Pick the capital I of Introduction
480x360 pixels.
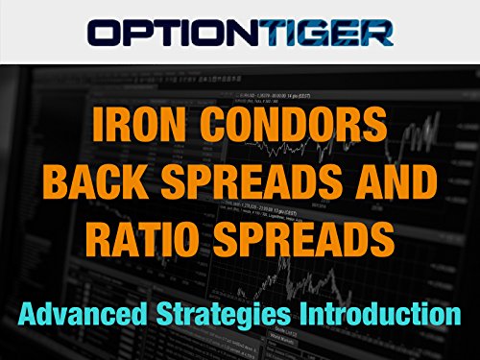309,286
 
